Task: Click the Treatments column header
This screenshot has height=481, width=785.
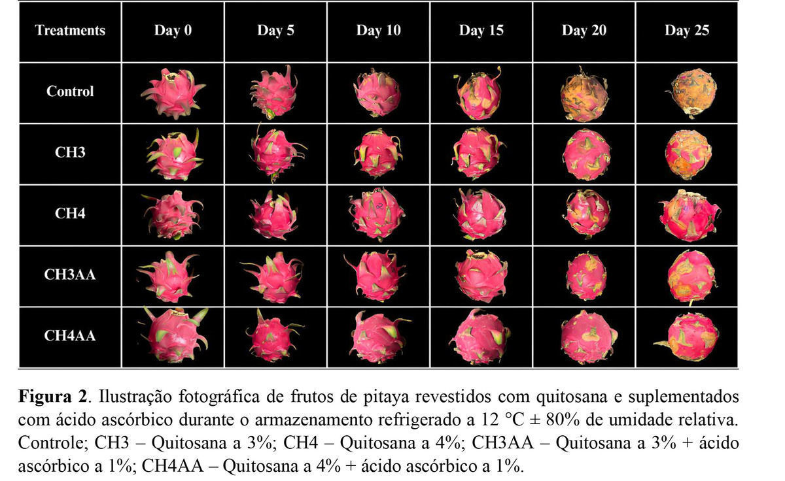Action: coord(70,31)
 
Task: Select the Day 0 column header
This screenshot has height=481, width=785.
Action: coord(173,31)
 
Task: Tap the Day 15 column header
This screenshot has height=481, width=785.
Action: coord(481,31)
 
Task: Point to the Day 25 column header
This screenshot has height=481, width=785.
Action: coord(686,31)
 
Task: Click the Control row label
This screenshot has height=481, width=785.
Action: coord(70,91)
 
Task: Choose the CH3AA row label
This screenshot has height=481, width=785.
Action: coord(70,274)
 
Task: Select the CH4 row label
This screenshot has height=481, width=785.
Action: coord(70,213)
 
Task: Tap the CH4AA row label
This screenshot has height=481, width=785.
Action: coord(70,336)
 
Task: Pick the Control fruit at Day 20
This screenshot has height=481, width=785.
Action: coord(584,95)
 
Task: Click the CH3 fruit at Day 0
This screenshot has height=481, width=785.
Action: coord(173,154)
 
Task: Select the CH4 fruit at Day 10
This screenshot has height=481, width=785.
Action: coord(377,214)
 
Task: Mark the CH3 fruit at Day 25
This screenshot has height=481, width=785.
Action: coord(688,154)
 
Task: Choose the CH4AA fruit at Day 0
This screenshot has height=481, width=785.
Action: coord(173,335)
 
